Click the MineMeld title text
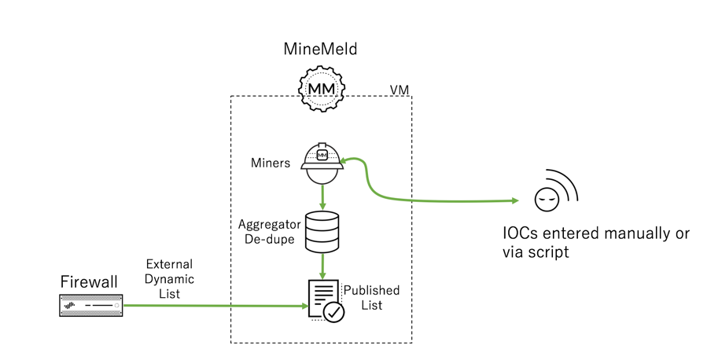click(320, 50)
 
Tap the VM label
click(400, 90)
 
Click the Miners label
click(270, 163)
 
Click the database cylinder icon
click(322, 231)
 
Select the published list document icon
click(323, 299)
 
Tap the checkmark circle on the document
click(334, 311)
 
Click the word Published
click(373, 290)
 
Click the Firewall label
click(90, 281)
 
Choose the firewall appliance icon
click(91, 304)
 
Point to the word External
click(169, 264)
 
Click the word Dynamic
click(169, 279)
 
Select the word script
click(548, 253)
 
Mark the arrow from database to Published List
click(322, 266)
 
